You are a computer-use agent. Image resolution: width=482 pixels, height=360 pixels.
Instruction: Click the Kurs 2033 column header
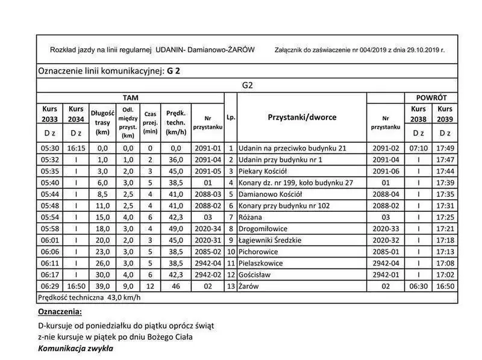point(49,114)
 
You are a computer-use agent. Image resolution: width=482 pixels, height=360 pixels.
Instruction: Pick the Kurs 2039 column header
point(445,114)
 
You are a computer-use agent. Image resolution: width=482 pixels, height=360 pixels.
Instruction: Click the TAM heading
point(130,98)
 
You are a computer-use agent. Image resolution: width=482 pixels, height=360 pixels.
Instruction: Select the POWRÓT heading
point(431,98)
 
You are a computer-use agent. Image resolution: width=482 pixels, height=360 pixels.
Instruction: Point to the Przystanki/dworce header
point(301,117)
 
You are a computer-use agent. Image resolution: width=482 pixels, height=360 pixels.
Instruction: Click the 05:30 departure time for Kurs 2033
point(49,147)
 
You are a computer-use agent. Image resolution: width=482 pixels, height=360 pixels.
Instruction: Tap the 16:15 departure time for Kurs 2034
point(76,147)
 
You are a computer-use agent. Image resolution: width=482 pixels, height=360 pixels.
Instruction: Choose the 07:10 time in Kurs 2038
point(418,147)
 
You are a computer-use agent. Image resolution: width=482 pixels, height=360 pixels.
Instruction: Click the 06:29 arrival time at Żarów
point(49,286)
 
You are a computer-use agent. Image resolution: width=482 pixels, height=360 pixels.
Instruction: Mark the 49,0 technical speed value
point(175,229)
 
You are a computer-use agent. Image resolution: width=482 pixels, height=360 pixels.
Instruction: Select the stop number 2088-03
point(209,194)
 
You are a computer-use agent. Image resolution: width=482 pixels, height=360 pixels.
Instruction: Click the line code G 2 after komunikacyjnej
point(174,70)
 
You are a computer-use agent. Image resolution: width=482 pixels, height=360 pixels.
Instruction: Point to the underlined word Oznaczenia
point(59,312)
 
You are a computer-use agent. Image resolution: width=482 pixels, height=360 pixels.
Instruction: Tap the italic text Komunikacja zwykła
point(75,348)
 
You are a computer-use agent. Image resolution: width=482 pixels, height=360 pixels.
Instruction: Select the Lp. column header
point(231,117)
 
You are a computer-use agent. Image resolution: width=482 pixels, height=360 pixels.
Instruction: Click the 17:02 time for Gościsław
point(445,275)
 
